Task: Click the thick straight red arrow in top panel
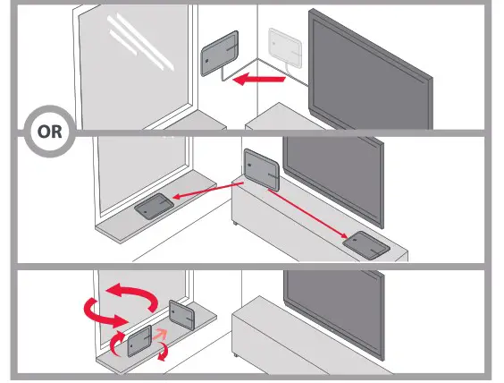(x=257, y=81)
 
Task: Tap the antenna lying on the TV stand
(x=372, y=244)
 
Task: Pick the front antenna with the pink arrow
(x=140, y=341)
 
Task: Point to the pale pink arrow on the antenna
(x=159, y=335)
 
